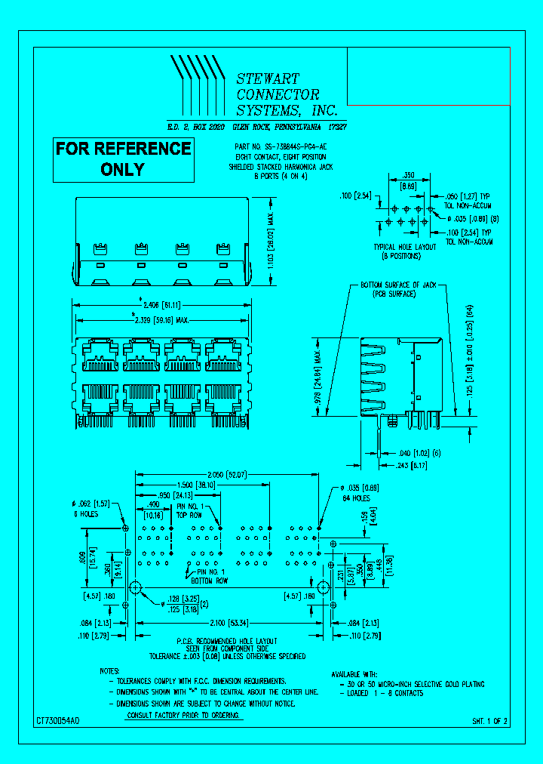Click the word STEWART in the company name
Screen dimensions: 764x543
[268, 79]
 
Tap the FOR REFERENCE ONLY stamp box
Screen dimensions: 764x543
[123, 159]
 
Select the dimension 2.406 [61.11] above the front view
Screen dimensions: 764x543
[161, 305]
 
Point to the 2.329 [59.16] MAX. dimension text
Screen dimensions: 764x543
[161, 319]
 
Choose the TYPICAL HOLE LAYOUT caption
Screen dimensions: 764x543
[405, 247]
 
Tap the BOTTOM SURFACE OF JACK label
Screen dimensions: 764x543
[398, 285]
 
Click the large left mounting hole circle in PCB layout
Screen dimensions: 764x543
[137, 587]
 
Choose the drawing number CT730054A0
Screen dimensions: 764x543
[57, 722]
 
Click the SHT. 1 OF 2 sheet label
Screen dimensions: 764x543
[490, 722]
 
